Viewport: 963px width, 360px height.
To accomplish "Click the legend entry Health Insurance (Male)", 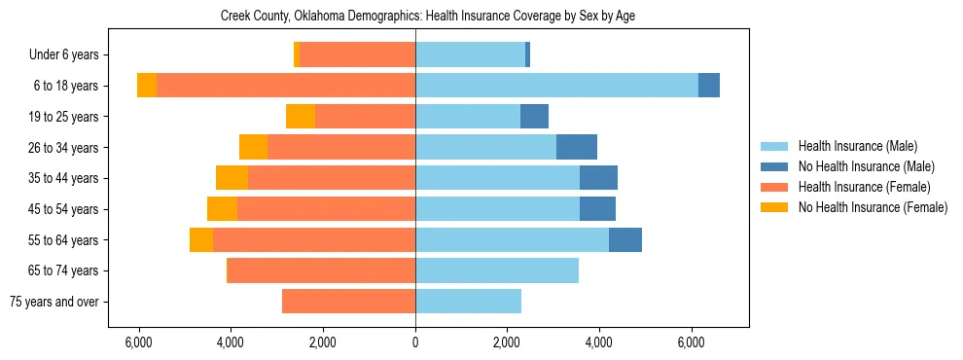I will tap(857, 146).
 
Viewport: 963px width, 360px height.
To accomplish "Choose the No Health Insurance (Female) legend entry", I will tap(873, 207).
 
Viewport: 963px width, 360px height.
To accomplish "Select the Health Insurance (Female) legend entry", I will tap(864, 187).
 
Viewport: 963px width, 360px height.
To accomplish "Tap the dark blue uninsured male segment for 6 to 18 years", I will tap(709, 86).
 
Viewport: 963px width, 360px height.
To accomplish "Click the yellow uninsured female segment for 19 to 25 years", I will tap(301, 117).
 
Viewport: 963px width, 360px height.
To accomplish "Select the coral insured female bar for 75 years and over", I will tap(348, 302).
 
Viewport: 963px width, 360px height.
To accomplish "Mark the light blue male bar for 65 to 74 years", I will tap(497, 270).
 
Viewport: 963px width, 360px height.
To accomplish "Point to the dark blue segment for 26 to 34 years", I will tap(577, 147).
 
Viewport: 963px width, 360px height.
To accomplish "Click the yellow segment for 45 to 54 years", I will tap(222, 209).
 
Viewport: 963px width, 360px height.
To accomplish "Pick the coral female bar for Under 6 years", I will tap(357, 54).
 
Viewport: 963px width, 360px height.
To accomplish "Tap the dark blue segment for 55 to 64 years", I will tap(625, 239).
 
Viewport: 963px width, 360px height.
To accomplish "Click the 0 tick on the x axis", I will tap(415, 342).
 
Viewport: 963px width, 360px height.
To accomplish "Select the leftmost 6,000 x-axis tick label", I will tap(139, 342).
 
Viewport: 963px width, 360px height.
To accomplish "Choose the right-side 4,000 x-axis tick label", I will tap(598, 342).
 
